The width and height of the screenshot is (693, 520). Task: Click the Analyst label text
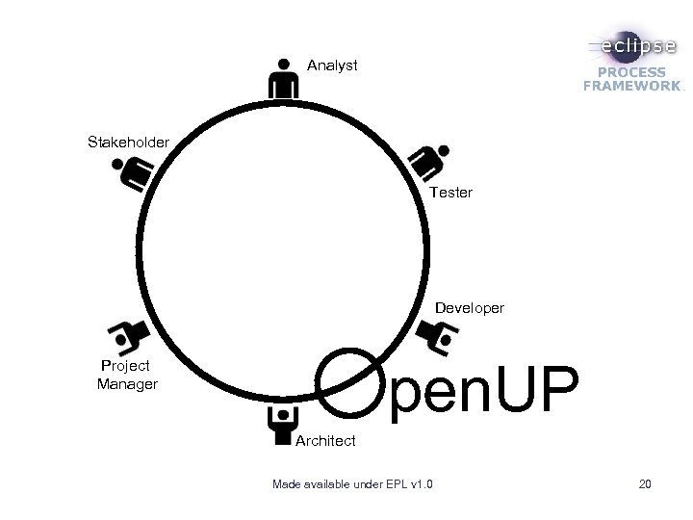point(332,65)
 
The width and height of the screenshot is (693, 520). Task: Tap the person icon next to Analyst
point(282,77)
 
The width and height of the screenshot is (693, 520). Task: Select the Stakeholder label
point(128,143)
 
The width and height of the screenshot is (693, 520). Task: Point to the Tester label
point(451,193)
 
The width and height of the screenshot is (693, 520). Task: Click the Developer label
point(469,308)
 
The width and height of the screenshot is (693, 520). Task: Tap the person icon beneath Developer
point(438,336)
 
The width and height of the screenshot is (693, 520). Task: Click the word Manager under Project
point(127,385)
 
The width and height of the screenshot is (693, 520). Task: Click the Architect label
point(325,441)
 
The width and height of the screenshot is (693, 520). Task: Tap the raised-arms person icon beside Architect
point(281,425)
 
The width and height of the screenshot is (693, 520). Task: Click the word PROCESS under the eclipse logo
point(631,72)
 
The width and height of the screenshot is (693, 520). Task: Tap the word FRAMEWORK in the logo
point(631,86)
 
